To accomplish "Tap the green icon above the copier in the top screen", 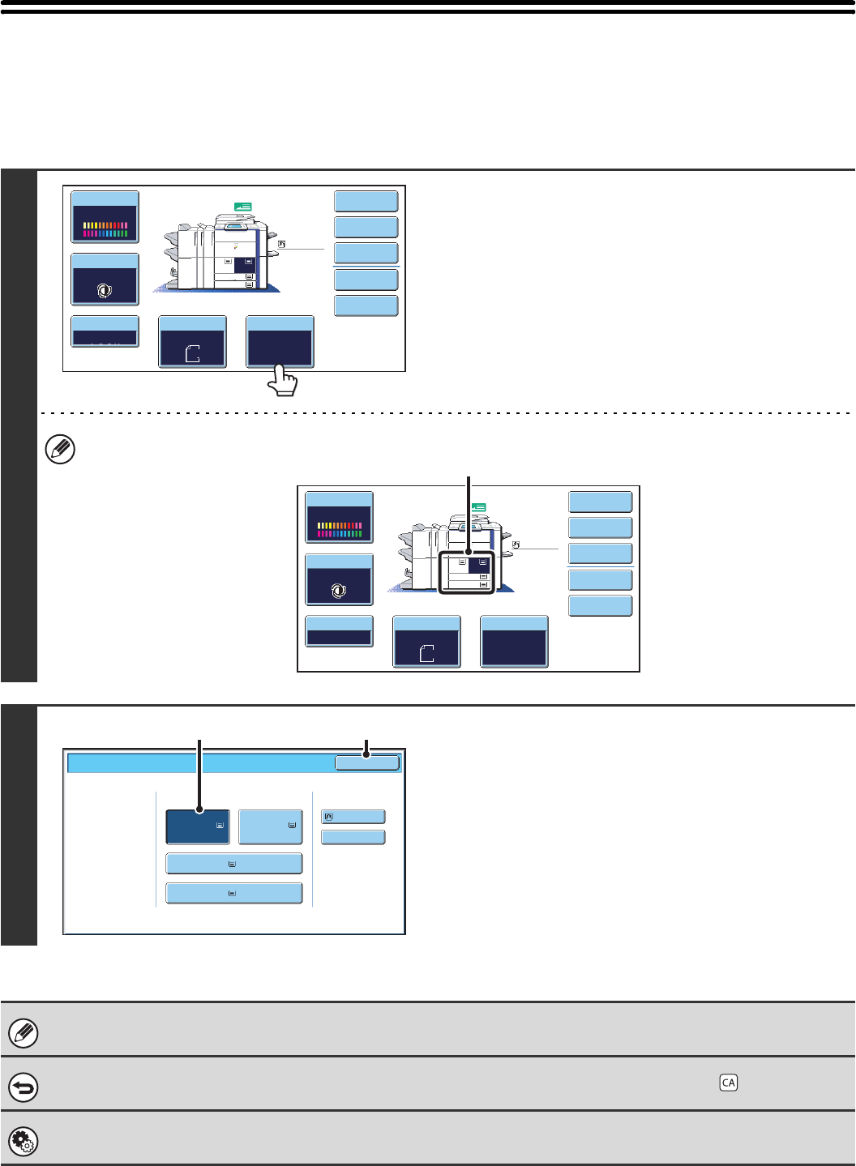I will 243,207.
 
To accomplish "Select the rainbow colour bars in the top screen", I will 105,228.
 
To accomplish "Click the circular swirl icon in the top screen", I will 105,291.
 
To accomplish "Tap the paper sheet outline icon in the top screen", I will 192,352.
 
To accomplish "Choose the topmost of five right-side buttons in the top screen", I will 366,201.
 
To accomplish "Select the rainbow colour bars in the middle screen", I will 339,529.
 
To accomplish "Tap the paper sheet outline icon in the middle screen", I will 426,653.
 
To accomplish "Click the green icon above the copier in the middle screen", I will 478,507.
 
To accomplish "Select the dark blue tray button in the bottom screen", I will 198,826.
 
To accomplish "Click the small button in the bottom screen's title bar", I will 367,762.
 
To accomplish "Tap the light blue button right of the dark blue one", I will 271,826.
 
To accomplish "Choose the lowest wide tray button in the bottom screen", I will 233,893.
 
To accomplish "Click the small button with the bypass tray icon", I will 353,817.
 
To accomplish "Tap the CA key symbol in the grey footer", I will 728,1083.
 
